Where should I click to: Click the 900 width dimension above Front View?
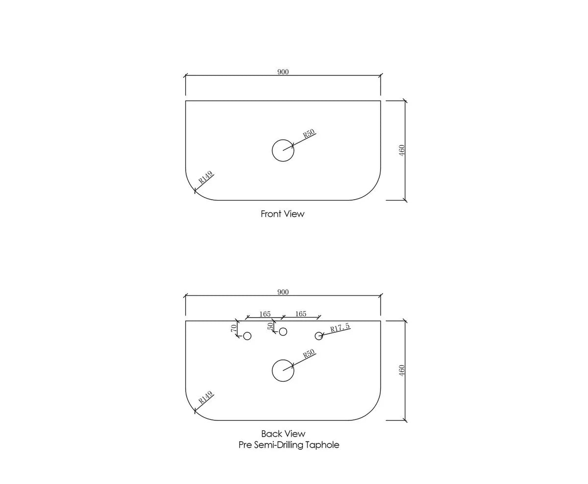pos(283,72)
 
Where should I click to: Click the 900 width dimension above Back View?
pos(283,292)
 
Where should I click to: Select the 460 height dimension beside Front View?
pos(402,150)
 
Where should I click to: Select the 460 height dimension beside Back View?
pos(402,370)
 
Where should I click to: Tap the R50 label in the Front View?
pos(309,134)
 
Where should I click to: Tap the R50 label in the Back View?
pos(309,354)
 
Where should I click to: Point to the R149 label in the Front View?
pos(205,178)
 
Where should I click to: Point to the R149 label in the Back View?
pos(205,397)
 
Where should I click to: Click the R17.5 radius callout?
pos(340,327)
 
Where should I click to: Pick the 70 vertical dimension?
pos(234,328)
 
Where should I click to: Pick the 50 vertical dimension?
pos(270,326)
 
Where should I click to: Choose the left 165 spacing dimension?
pos(265,314)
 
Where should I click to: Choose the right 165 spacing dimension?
pos(301,314)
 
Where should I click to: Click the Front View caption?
pos(283,214)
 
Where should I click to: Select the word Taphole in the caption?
pos(322,445)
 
